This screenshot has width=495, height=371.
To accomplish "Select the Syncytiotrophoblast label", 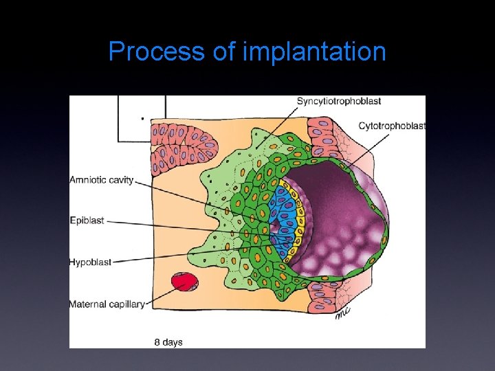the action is pyautogui.click(x=338, y=101).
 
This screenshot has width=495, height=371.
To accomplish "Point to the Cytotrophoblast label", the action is pyautogui.click(x=392, y=126).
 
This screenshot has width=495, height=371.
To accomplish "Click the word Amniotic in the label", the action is pyautogui.click(x=90, y=180).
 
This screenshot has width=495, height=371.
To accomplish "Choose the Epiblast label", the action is pyautogui.click(x=87, y=221).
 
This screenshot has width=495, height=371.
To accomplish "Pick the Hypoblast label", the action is pyautogui.click(x=90, y=262).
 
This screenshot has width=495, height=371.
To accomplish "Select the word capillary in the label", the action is pyautogui.click(x=128, y=304).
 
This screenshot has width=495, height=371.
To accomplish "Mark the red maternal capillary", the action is pyautogui.click(x=184, y=282).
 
